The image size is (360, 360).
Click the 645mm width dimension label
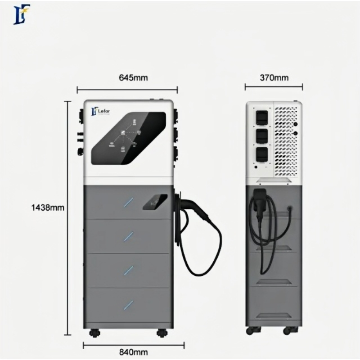(133, 78)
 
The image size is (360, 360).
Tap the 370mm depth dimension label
(274, 78)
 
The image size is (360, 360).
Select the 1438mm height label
(48, 208)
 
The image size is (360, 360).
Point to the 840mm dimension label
(133, 352)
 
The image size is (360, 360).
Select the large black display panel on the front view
(129, 138)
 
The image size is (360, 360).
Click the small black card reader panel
(155, 202)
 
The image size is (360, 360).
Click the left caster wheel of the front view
(94, 333)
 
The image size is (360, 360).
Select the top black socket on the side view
(261, 117)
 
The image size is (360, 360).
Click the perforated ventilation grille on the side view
(286, 139)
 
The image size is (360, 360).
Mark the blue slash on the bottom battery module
(129, 304)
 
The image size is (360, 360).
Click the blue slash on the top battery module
(129, 202)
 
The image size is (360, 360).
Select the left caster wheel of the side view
(250, 331)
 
